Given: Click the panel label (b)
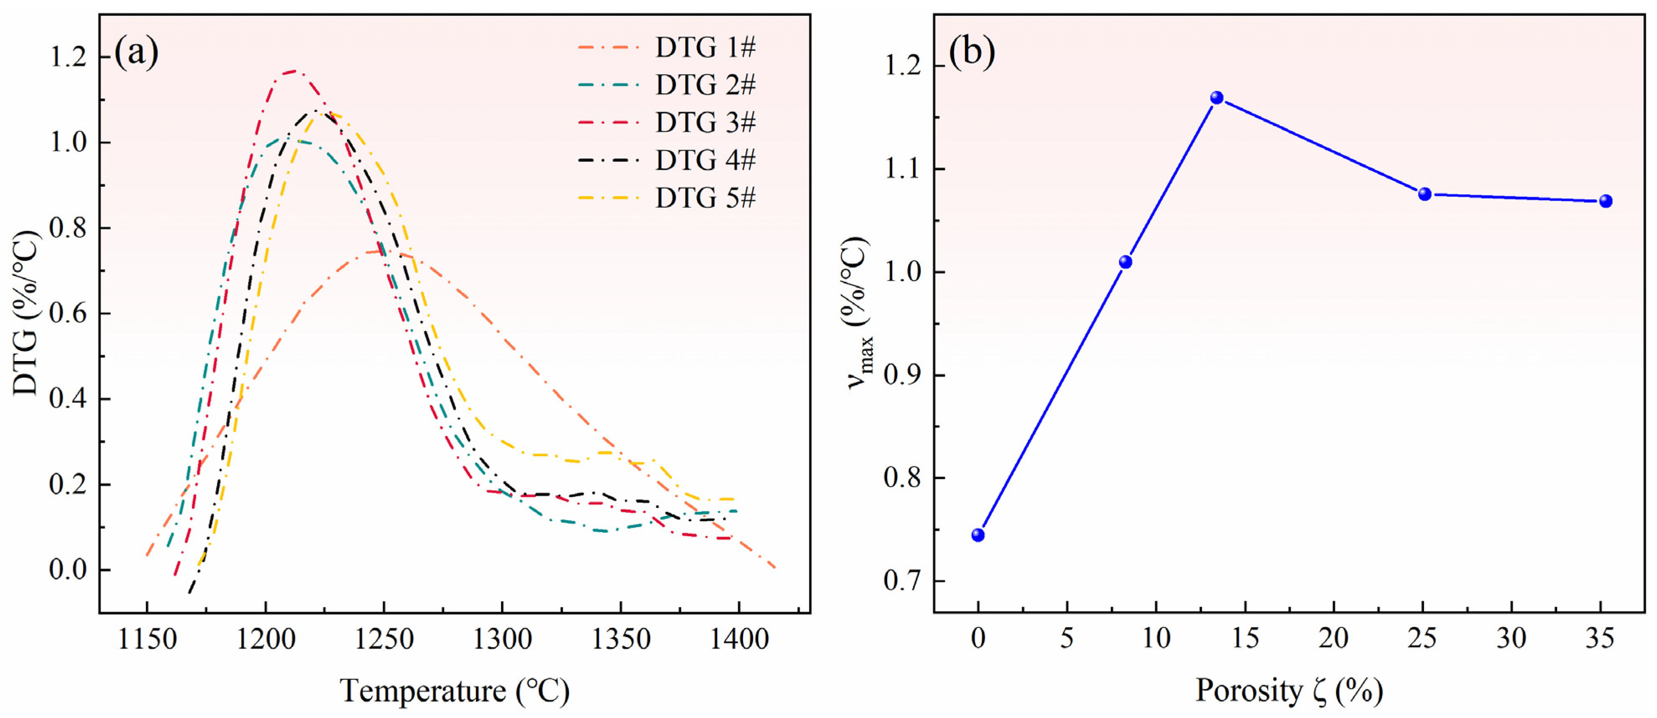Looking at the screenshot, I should tap(971, 52).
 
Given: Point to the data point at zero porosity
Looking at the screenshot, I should tap(978, 535).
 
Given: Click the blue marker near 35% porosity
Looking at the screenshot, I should tap(1605, 201).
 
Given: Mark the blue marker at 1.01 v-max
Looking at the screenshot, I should tap(1125, 262).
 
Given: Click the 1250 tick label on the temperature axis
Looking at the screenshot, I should tap(383, 640).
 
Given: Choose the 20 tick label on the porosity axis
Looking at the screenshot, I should tap(1334, 638).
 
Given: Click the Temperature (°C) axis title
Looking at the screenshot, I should tap(454, 691).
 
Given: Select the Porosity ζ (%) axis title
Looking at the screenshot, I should tap(1289, 691).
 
